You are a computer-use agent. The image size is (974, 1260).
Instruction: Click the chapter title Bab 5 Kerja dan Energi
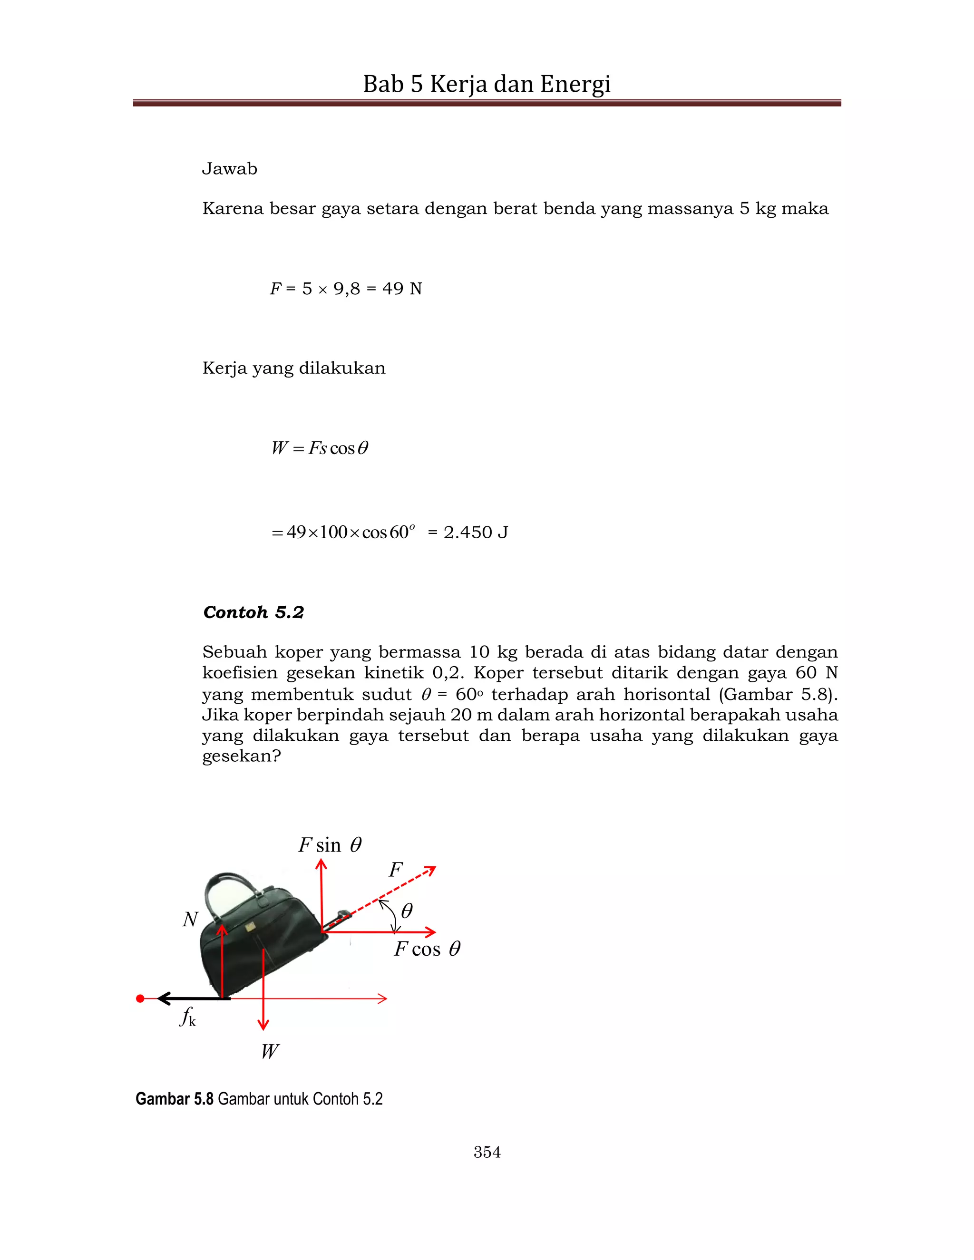[487, 84]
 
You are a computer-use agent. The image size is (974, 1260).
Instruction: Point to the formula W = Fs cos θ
[319, 448]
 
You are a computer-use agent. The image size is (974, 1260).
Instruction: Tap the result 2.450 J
[475, 532]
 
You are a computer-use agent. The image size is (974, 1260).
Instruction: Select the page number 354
[487, 1152]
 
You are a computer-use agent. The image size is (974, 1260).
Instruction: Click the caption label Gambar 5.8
[174, 1098]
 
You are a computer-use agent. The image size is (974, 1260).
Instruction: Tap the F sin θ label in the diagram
[330, 845]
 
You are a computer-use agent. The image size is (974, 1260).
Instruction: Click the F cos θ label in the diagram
[427, 949]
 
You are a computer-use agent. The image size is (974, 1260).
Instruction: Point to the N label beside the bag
[190, 919]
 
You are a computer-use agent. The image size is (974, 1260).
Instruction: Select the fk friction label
[187, 1017]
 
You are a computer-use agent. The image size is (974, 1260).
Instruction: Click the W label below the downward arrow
[270, 1051]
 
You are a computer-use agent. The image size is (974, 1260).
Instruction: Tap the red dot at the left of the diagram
[140, 998]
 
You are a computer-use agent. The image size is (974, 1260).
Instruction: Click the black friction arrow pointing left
[193, 998]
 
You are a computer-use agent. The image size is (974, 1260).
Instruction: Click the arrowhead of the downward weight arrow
[263, 1025]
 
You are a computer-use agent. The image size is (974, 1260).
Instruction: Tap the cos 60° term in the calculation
[388, 532]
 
